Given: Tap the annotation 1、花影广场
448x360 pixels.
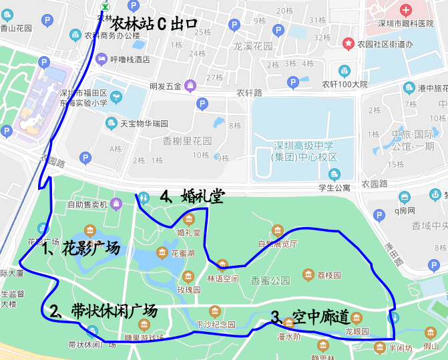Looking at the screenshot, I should click(x=81, y=249).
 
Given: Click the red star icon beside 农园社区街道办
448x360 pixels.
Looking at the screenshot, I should click(x=348, y=43).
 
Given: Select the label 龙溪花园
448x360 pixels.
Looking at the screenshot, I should click(x=253, y=47).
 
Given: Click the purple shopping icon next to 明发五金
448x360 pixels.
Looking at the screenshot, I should click(x=190, y=85).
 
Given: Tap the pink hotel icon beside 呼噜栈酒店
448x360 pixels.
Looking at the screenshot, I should click(x=101, y=59).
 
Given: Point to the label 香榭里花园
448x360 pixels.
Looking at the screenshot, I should click(x=187, y=141).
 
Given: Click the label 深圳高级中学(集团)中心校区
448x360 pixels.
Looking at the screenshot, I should click(x=304, y=152).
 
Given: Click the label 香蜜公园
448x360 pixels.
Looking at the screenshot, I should click(x=270, y=281).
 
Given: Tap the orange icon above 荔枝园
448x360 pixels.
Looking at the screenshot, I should click(x=308, y=274).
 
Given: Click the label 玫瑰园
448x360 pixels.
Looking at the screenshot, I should click(x=188, y=291).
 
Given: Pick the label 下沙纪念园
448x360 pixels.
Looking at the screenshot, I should click(x=215, y=325).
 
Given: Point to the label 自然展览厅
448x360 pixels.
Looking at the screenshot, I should click(x=278, y=244).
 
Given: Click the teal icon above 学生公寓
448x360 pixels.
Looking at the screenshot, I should click(x=334, y=174).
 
